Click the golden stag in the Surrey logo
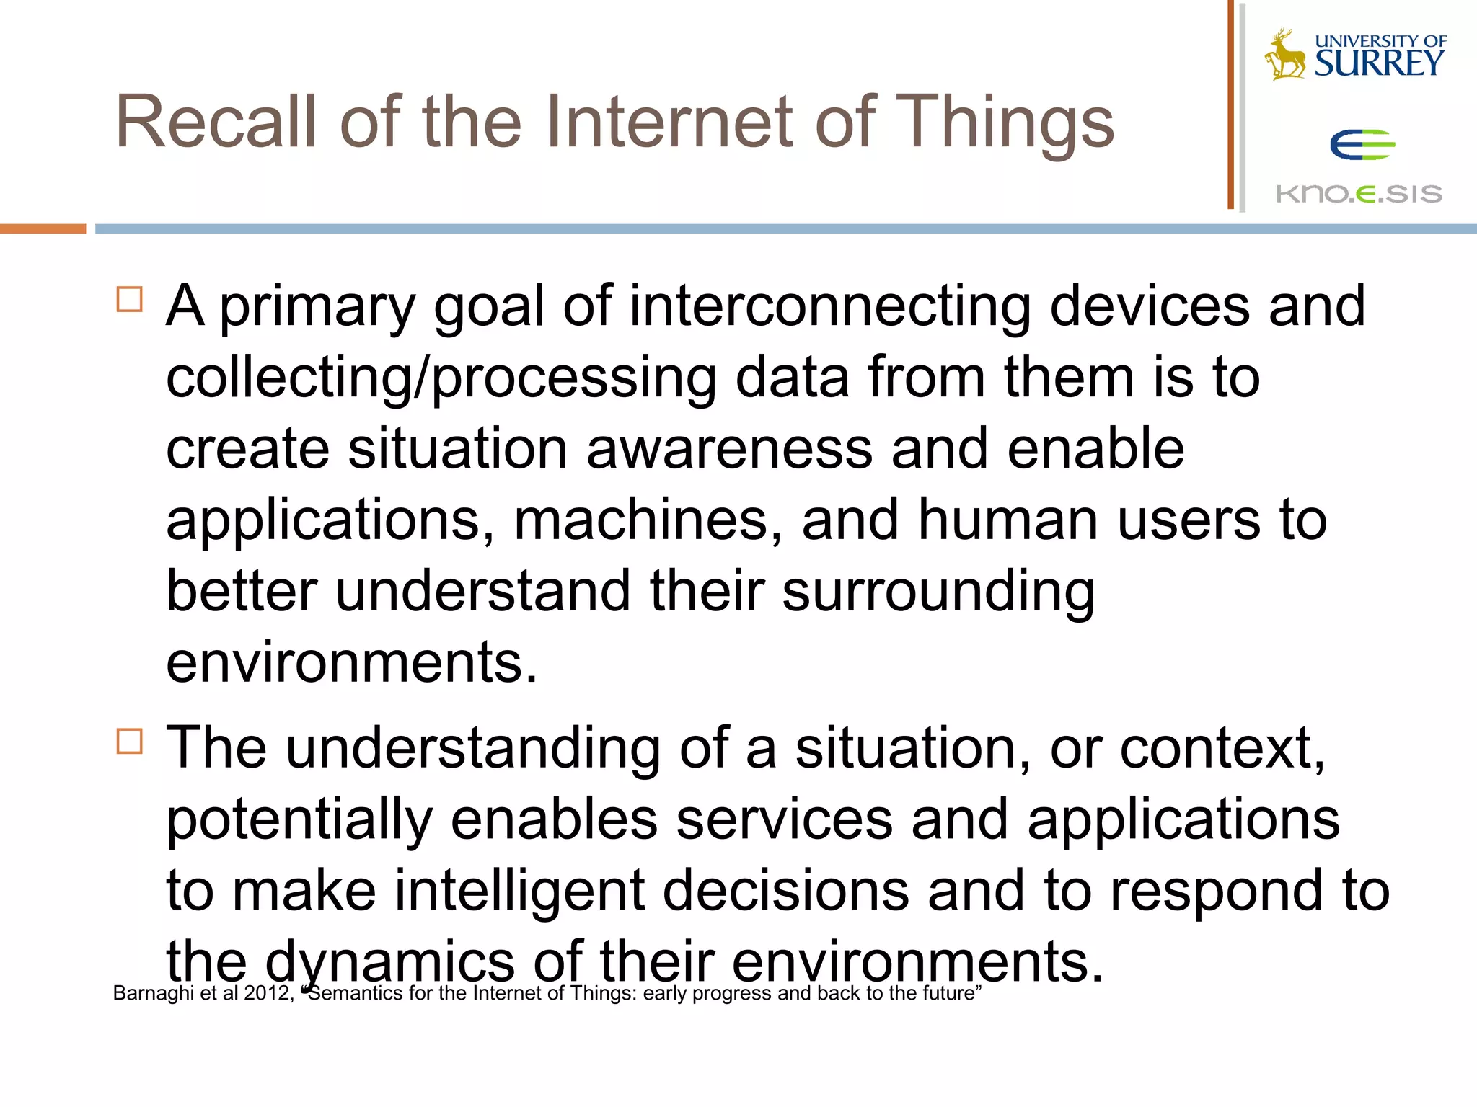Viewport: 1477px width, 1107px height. pyautogui.click(x=1284, y=55)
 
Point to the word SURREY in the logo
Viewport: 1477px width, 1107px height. pyautogui.click(x=1379, y=63)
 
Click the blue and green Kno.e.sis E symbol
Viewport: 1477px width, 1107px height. pyautogui.click(x=1362, y=145)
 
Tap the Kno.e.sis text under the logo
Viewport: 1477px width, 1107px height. pyautogui.click(x=1359, y=193)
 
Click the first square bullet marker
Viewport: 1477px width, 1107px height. pyautogui.click(x=130, y=298)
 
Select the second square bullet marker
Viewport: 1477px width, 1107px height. pyautogui.click(x=130, y=740)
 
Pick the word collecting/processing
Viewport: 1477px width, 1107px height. pyautogui.click(x=441, y=378)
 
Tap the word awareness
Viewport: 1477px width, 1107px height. pyautogui.click(x=729, y=448)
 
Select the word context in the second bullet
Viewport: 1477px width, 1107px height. pyautogui.click(x=1220, y=748)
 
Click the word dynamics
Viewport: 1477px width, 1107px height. pyautogui.click(x=389, y=961)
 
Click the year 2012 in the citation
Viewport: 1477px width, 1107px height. pyautogui.click(x=267, y=993)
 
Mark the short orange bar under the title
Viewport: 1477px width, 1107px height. pyautogui.click(x=43, y=228)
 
